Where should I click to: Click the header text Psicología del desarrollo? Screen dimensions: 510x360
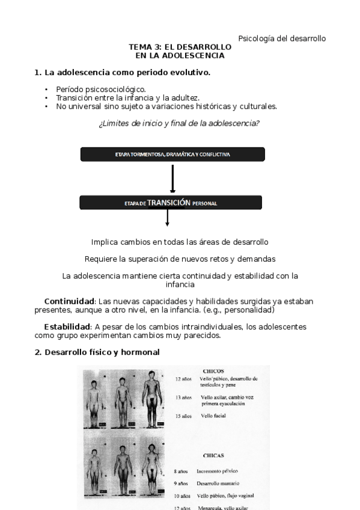pyautogui.click(x=282, y=38)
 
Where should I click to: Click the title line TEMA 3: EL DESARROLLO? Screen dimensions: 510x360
pyautogui.click(x=180, y=47)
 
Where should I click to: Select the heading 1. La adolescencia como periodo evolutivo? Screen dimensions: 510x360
pyautogui.click(x=122, y=73)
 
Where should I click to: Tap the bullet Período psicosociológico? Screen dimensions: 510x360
pyautogui.click(x=96, y=89)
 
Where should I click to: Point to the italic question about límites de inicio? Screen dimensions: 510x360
pyautogui.click(x=178, y=124)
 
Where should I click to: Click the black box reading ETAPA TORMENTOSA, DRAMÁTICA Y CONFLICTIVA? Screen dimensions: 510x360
pyautogui.click(x=173, y=155)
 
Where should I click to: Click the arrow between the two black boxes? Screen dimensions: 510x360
pyautogui.click(x=172, y=178)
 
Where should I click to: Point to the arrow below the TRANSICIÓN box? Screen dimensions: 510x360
pyautogui.click(x=167, y=218)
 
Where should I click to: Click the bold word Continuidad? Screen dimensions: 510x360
pyautogui.click(x=69, y=301)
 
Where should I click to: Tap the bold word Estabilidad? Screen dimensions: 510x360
pyautogui.click(x=67, y=327)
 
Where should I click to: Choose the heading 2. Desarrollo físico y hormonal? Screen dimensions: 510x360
pyautogui.click(x=97, y=352)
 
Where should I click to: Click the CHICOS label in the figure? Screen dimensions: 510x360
pyautogui.click(x=213, y=372)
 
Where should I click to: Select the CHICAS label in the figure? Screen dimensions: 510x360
pyautogui.click(x=213, y=456)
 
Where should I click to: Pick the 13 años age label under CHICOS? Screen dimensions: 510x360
pyautogui.click(x=183, y=398)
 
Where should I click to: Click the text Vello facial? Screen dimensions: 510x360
pyautogui.click(x=213, y=416)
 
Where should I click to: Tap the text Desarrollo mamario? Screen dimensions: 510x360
pyautogui.click(x=218, y=484)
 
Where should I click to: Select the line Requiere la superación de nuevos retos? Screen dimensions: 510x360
pyautogui.click(x=180, y=259)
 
